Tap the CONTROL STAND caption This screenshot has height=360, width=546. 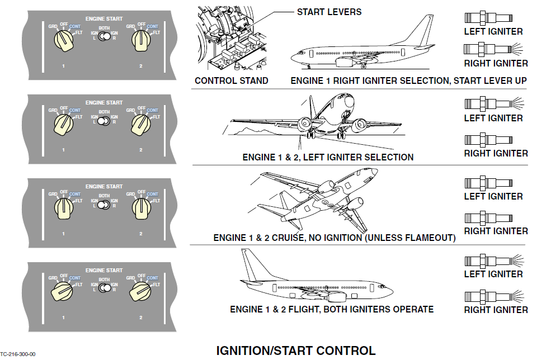click(x=231, y=80)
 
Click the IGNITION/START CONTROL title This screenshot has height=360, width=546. click(x=296, y=350)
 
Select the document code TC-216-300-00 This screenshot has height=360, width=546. click(x=18, y=354)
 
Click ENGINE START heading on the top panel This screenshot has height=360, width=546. click(x=103, y=19)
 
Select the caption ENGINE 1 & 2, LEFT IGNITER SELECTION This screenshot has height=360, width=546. click(x=328, y=157)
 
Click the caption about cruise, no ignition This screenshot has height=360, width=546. click(x=334, y=238)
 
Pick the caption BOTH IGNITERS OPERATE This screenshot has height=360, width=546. click(x=332, y=309)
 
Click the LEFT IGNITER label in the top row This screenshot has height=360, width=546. click(x=493, y=32)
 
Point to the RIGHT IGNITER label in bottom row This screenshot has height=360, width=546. click(x=496, y=310)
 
